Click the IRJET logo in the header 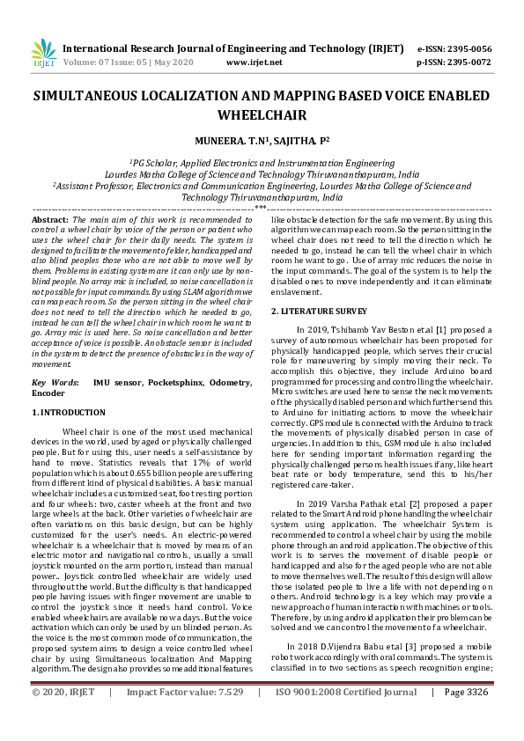(x=42, y=55)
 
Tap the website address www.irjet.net (x=254, y=63)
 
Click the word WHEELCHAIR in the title (x=262, y=115)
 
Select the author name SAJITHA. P (x=293, y=139)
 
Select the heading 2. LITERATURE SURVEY (x=318, y=312)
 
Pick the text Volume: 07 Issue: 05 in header (x=105, y=63)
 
